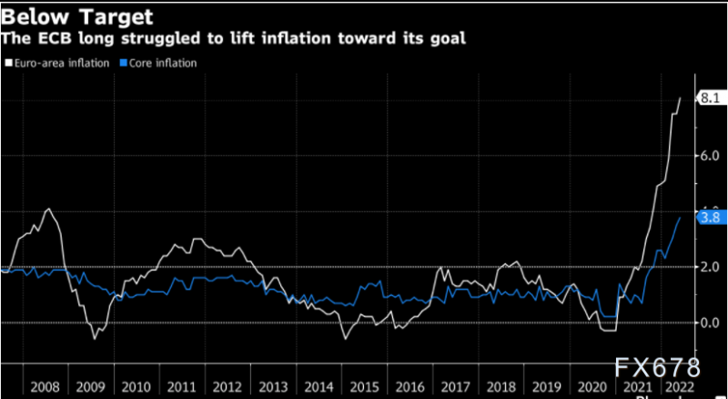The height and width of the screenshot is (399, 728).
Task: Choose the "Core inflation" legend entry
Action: coord(157,63)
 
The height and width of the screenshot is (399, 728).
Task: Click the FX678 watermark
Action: coord(657,368)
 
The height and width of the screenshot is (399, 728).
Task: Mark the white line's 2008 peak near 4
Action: coord(48,210)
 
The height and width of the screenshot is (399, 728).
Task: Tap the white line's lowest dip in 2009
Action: coord(94,339)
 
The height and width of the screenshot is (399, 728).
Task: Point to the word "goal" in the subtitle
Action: coord(447,38)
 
